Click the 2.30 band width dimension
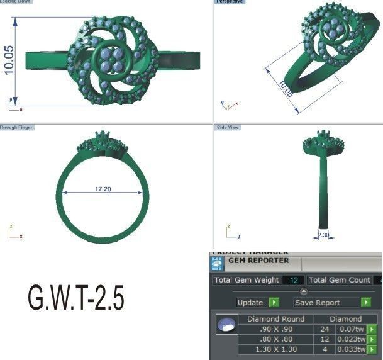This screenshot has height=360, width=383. coord(323,235)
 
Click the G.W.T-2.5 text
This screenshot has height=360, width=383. coord(75,298)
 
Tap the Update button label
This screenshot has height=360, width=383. coord(250,303)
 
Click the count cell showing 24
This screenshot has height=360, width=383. coord(325,329)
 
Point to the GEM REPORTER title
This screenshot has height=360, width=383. coord(258,260)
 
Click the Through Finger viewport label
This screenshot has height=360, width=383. coord(17,127)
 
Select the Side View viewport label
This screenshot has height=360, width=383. coord(228,127)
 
